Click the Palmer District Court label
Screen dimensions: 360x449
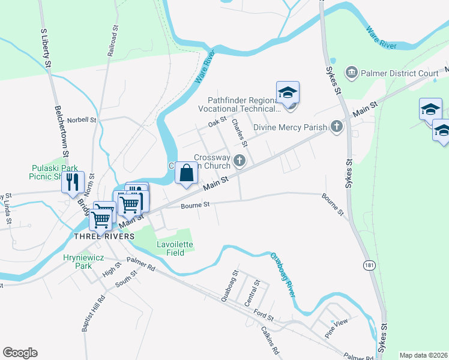(x=400, y=73)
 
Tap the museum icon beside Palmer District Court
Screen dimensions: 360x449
(x=352, y=73)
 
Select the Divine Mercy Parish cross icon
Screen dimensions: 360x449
(x=337, y=127)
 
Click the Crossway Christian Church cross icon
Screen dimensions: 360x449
(x=240, y=160)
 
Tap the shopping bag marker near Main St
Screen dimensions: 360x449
(x=187, y=173)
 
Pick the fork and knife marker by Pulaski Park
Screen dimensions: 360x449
(x=73, y=182)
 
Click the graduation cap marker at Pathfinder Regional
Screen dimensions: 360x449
(x=288, y=92)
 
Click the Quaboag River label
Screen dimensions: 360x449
(x=283, y=274)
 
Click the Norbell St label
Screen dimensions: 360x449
(x=82, y=119)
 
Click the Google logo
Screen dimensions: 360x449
(x=20, y=353)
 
